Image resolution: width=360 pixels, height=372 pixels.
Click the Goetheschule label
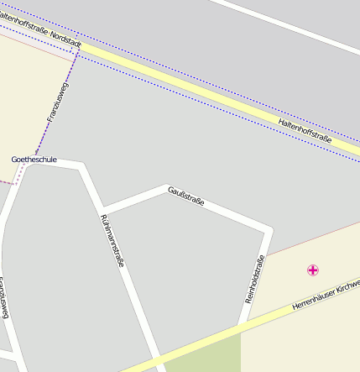tap(34, 159)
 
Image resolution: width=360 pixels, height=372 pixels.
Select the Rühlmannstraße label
tap(112, 241)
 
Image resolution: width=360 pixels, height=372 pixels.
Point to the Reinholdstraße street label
tap(255, 278)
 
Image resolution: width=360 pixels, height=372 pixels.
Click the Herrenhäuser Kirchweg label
tap(326, 296)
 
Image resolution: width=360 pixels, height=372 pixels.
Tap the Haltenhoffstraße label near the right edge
tap(304, 128)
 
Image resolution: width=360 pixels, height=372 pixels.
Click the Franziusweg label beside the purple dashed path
tap(59, 102)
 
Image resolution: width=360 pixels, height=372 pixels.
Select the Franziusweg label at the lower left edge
tap(4, 297)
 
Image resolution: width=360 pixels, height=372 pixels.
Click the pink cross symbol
tap(313, 270)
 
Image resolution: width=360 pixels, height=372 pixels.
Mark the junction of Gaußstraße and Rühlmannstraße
tap(102, 209)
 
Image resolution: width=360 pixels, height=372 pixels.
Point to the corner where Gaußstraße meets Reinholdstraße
tap(269, 228)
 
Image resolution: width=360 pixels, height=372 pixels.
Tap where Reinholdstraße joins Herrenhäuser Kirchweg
tap(243, 327)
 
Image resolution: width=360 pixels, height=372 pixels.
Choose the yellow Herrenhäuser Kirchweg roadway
tap(277, 314)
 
